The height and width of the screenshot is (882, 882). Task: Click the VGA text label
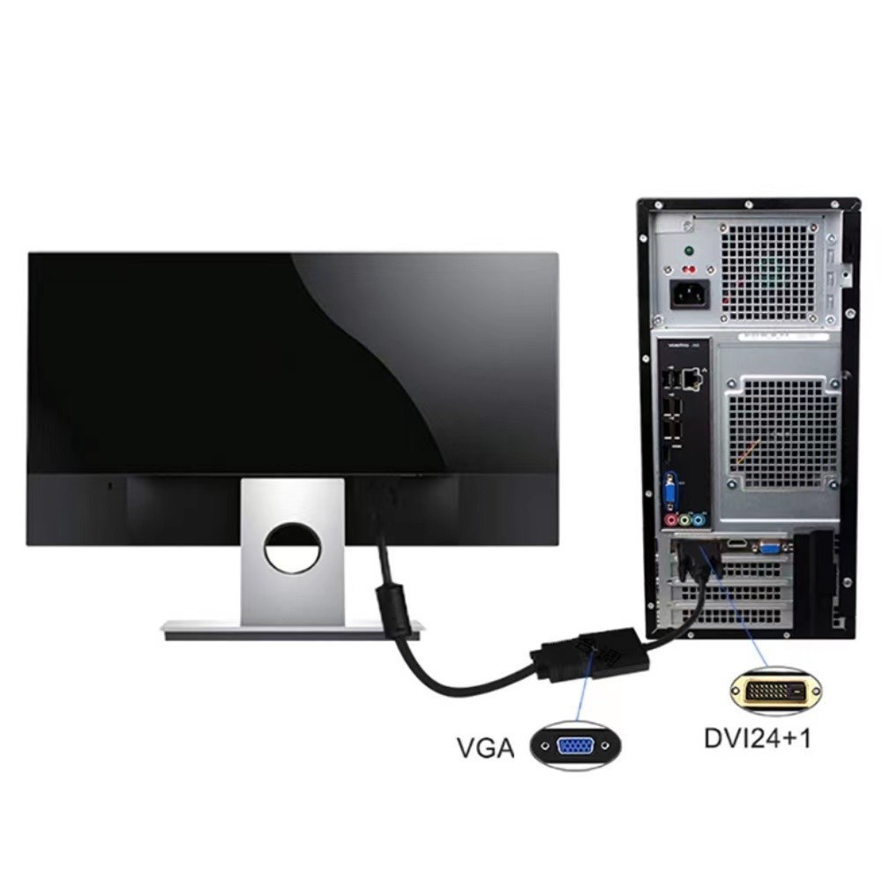point(485,748)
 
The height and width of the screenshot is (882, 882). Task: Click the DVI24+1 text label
point(758,738)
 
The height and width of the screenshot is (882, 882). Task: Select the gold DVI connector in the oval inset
point(775,691)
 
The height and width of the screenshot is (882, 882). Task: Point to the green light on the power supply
point(687,250)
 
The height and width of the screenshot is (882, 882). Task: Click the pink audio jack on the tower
point(671,519)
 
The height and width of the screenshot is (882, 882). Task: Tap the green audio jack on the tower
point(684,519)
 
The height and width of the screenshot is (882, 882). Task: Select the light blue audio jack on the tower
point(698,519)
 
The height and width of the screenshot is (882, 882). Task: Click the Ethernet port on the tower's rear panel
point(691,377)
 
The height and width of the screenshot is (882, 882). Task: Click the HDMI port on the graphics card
point(737,544)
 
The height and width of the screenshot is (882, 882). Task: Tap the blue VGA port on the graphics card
point(769,545)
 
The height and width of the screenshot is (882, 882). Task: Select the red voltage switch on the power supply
point(687,269)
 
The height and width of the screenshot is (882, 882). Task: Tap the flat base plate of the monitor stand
point(293,630)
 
